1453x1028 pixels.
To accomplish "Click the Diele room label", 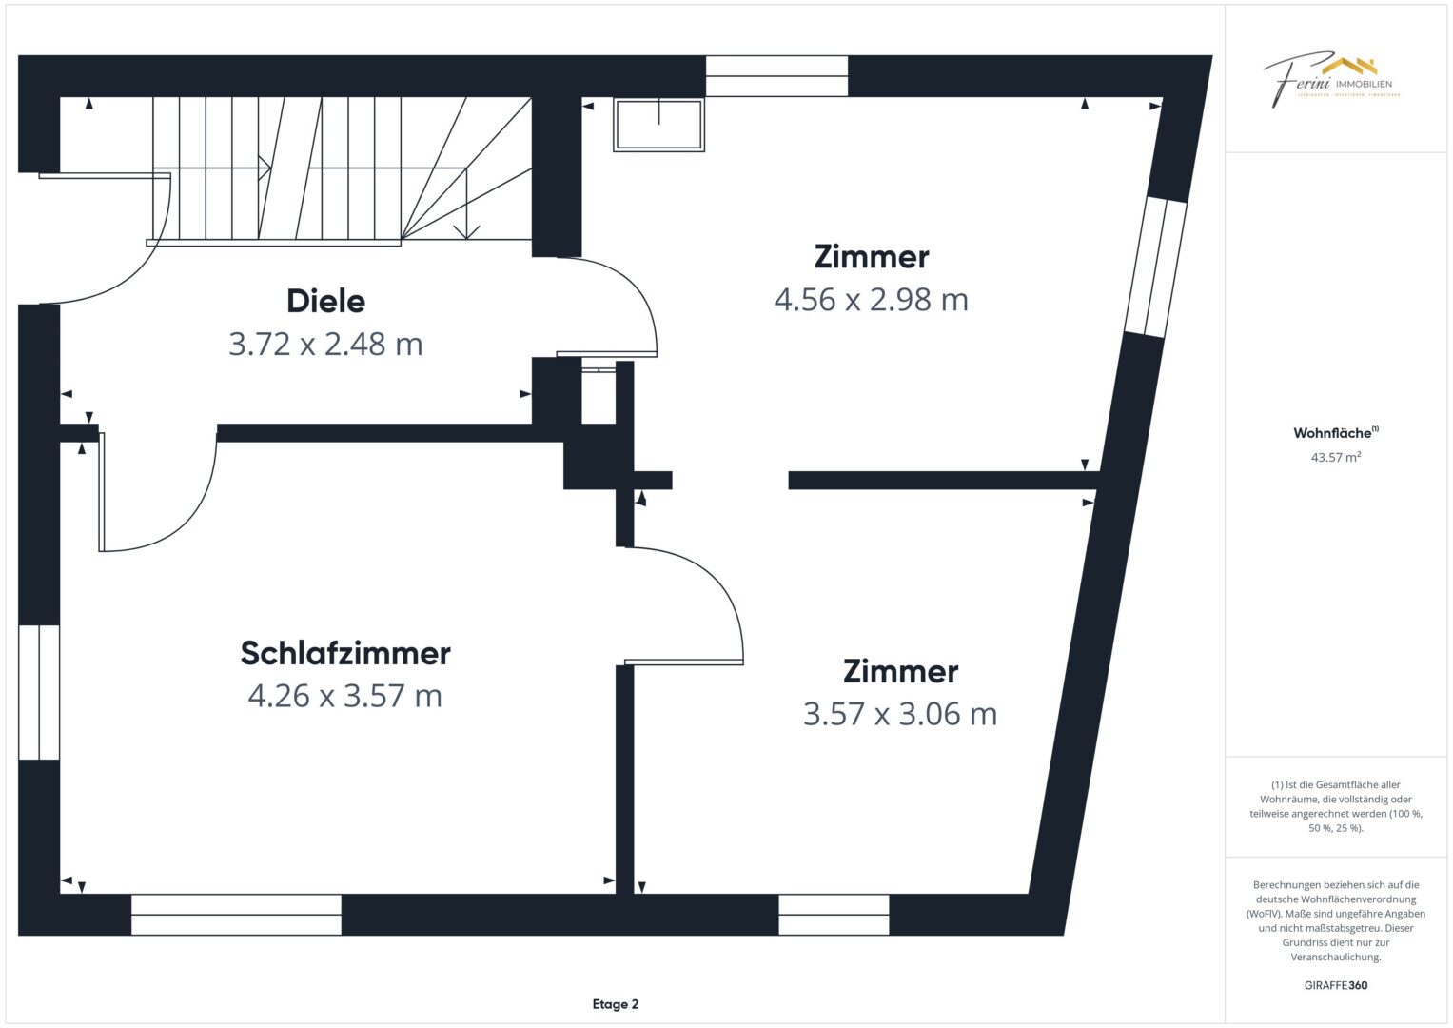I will [x=325, y=301].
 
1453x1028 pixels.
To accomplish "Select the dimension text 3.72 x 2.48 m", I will [x=325, y=344].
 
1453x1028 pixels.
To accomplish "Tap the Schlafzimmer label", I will [x=344, y=653].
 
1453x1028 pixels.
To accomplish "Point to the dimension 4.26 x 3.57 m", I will [x=344, y=696].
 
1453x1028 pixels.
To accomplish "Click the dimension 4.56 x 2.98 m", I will [x=871, y=300].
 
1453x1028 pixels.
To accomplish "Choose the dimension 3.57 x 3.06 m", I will [x=899, y=714].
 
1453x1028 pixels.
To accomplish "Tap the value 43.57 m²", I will [x=1335, y=458].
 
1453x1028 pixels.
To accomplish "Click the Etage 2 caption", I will [x=615, y=1004].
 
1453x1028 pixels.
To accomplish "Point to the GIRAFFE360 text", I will [x=1335, y=985].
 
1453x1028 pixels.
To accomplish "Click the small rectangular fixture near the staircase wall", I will [x=658, y=125].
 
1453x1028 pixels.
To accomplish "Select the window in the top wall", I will [x=776, y=76].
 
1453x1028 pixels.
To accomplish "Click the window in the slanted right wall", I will [x=1156, y=267].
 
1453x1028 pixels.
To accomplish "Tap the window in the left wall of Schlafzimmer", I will [x=39, y=692].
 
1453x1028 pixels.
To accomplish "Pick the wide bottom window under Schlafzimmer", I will [x=236, y=915].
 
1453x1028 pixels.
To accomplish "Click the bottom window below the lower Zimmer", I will [x=834, y=915].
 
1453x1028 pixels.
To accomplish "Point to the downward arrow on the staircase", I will [x=466, y=229].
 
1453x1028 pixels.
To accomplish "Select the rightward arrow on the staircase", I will [x=265, y=168].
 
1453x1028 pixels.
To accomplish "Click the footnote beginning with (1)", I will [x=1335, y=806].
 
